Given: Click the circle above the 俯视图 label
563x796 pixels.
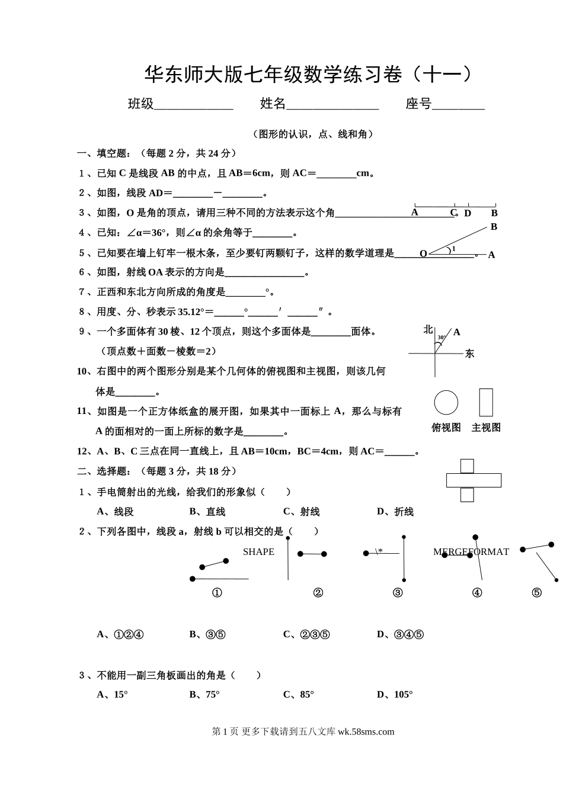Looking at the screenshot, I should tap(446, 403).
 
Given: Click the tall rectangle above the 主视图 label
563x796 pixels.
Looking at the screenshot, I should tap(486, 403).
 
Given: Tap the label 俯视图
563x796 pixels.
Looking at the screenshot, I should tap(446, 428).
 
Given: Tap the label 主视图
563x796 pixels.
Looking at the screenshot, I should tap(486, 428).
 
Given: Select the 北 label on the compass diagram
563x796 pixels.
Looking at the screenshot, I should tap(428, 330).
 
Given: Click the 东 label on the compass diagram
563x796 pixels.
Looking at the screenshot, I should tap(469, 354).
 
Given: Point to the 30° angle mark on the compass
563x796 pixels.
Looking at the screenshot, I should tap(441, 338).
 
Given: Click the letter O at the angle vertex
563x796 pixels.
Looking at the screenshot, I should tap(423, 254).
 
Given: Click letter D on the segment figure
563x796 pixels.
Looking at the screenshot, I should tap(468, 213).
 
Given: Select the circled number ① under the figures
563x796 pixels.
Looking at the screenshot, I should tap(217, 593).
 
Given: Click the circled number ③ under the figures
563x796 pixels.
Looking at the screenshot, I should tap(398, 593).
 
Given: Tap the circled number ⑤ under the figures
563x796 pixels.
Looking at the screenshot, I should tap(536, 593).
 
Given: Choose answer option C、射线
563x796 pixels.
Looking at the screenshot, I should tap(301, 512).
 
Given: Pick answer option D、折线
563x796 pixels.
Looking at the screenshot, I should tap(395, 512).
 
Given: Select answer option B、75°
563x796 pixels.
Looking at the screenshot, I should tap(204, 695).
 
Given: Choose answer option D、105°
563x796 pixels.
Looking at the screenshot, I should tap(395, 695).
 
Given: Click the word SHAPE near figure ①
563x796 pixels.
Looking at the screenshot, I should tap(258, 552).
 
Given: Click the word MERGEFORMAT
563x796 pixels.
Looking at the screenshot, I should tap(471, 552).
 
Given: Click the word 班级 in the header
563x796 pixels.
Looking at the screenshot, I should tap(141, 104).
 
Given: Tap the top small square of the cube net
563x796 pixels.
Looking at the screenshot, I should tap(467, 466).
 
